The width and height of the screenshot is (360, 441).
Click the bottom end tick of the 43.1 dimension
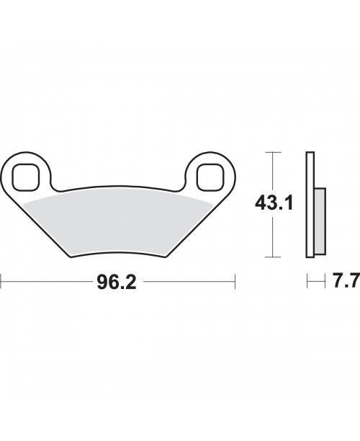[x=271, y=257]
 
